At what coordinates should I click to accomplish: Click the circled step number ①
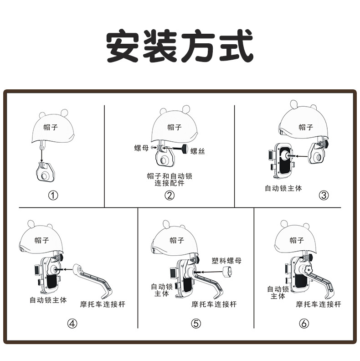[x=53, y=196]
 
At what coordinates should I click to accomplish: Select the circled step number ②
[x=169, y=196]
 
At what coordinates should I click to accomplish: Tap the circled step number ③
[x=323, y=196]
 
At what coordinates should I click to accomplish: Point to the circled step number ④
[x=72, y=324]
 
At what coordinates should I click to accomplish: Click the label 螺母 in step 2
[x=141, y=148]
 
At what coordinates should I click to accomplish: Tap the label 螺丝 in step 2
[x=197, y=151]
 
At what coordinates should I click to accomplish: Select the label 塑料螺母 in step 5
[x=226, y=261]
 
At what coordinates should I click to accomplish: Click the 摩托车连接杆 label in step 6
[x=318, y=304]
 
